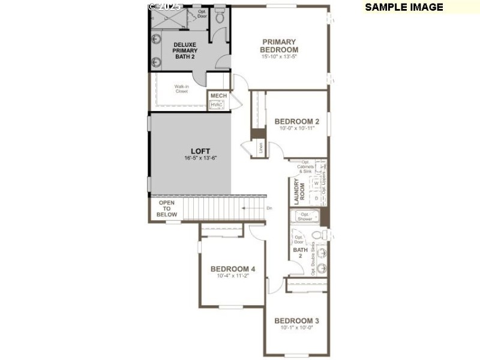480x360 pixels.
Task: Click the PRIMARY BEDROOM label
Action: tap(279, 46)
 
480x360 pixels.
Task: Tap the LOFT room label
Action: tap(200, 151)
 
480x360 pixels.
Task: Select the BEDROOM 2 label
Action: tap(297, 121)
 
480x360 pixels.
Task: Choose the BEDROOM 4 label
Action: tap(233, 269)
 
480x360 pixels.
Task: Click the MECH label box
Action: tap(218, 95)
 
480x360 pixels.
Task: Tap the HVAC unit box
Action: tap(217, 104)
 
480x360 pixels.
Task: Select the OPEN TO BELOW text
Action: tap(167, 209)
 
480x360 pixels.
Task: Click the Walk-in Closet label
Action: tap(182, 89)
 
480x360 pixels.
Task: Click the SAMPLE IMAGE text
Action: tap(404, 7)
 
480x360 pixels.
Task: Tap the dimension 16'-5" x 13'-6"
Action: tap(200, 158)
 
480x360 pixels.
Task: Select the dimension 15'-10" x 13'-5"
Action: tap(279, 56)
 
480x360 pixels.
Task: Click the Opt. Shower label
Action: tap(305, 217)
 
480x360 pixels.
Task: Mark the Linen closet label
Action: tap(261, 148)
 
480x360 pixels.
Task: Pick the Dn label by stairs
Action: tap(269, 208)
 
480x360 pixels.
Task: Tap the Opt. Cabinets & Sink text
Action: tap(310, 166)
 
